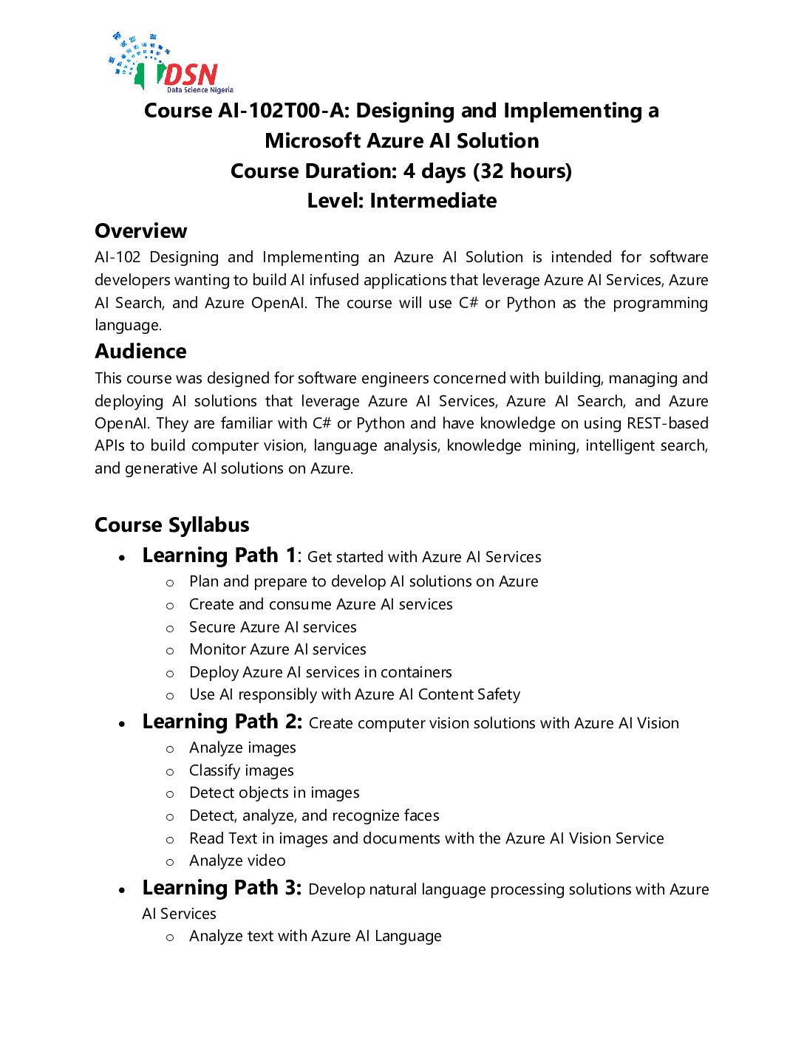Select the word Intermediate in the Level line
(x=433, y=201)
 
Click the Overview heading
(x=140, y=231)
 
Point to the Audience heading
(x=140, y=352)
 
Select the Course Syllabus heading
(x=171, y=525)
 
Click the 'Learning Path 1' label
(x=219, y=555)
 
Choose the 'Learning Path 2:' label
(x=222, y=722)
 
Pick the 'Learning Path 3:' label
(x=222, y=888)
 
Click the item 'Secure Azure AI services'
(x=273, y=627)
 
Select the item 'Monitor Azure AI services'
(x=277, y=649)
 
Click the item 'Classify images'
(x=241, y=770)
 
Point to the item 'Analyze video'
(x=237, y=861)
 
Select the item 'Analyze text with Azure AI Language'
(x=315, y=936)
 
